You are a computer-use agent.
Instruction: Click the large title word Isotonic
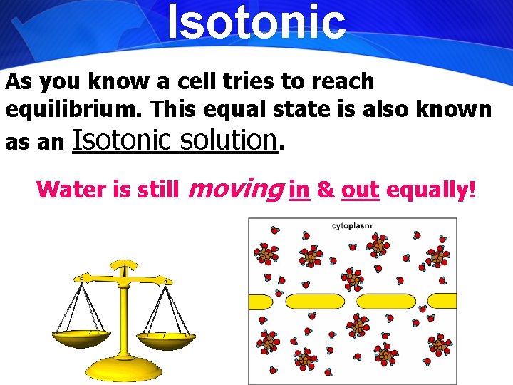[256, 21]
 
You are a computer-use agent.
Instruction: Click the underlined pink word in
[299, 190]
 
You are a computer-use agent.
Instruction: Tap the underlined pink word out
[360, 190]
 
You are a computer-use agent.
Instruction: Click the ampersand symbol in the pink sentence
[326, 190]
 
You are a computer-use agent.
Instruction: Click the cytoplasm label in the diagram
[352, 226]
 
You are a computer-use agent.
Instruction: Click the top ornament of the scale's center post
[125, 267]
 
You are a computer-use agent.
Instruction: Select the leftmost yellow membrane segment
[260, 302]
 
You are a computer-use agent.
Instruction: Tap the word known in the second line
[456, 110]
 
